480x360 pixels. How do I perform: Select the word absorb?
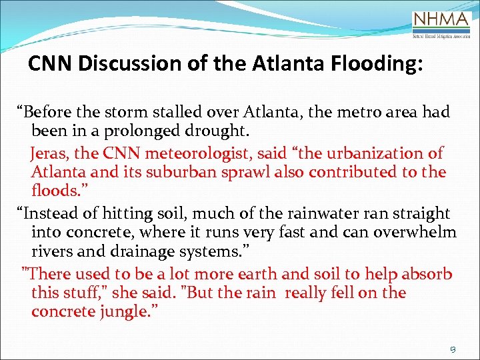(427, 274)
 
